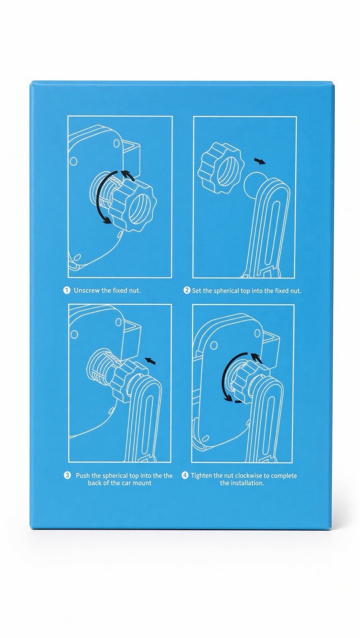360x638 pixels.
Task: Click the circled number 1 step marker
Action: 66,291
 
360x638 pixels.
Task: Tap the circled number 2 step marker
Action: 187,291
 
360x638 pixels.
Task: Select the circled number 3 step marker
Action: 67,475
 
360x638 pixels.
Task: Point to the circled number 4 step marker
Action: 185,475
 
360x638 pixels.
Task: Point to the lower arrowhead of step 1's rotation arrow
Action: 107,220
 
